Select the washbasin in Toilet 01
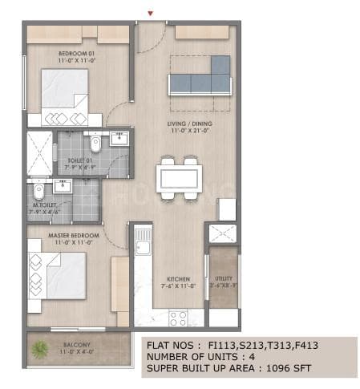click(x=120, y=140)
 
